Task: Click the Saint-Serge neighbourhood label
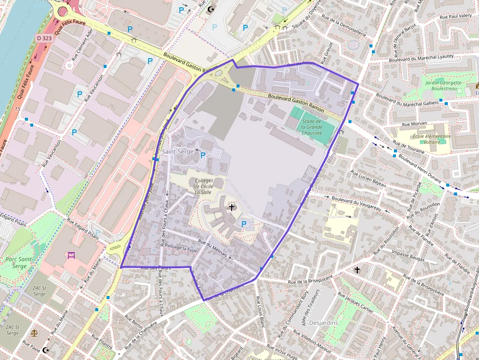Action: [x=178, y=152]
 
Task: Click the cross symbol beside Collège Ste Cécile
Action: [x=231, y=208]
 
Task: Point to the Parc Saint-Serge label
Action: [x=19, y=262]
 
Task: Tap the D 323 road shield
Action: [x=43, y=38]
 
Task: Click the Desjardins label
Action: [x=324, y=323]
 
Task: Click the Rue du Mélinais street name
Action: [x=213, y=248]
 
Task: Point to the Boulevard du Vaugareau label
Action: [x=356, y=203]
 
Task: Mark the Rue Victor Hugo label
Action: [x=283, y=352]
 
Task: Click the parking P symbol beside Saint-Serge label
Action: [x=203, y=155]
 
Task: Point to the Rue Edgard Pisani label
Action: [x=83, y=229]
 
